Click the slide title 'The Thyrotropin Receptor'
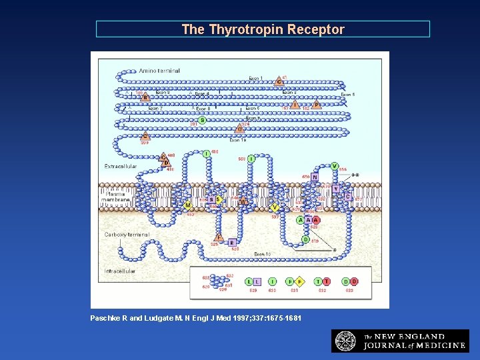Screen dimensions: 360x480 pyautogui.click(x=263, y=29)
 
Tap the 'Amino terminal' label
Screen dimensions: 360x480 pyautogui.click(x=159, y=71)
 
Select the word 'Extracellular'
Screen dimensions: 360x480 pyautogui.click(x=121, y=166)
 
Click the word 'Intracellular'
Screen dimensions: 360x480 pyautogui.click(x=120, y=271)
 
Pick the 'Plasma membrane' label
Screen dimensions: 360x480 pyautogui.click(x=115, y=197)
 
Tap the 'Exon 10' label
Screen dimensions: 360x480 pyautogui.click(x=263, y=254)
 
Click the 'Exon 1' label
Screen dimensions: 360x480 pyautogui.click(x=256, y=79)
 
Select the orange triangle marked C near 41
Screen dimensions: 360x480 pyautogui.click(x=279, y=81)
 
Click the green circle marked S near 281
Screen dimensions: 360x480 pyautogui.click(x=202, y=121)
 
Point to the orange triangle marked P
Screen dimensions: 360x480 pyautogui.click(x=317, y=104)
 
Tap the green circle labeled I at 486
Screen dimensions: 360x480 pyautogui.click(x=207, y=155)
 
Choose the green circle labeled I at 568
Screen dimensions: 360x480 pyautogui.click(x=251, y=159)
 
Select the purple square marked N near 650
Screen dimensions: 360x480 pyautogui.click(x=315, y=177)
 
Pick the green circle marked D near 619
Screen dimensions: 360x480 pyautogui.click(x=306, y=239)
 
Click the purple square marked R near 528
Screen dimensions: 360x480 pyautogui.click(x=232, y=243)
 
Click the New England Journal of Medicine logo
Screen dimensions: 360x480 pyautogui.click(x=400, y=341)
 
